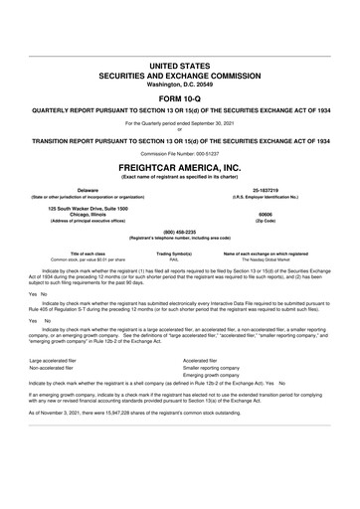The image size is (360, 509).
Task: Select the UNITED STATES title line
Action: pos(180,64)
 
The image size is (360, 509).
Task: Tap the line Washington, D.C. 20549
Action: pos(180,85)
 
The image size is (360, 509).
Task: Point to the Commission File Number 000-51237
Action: pos(180,154)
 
